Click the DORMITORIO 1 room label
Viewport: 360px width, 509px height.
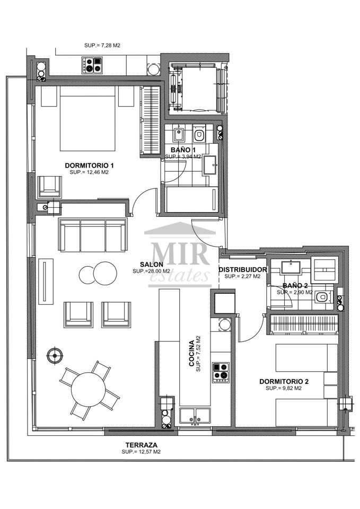(89, 165)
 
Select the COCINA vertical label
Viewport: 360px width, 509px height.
(192, 354)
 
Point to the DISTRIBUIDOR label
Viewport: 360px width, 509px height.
(242, 270)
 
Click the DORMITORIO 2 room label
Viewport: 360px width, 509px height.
(284, 382)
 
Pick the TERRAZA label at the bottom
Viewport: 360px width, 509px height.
(142, 445)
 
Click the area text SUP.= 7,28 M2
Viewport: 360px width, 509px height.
(102, 46)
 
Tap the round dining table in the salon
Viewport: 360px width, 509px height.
(89, 389)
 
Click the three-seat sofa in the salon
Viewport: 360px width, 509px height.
(92, 235)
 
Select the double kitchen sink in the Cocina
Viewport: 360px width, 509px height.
(195, 417)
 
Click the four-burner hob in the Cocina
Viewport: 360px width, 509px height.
(221, 372)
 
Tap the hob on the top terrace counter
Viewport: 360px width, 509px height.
(92, 65)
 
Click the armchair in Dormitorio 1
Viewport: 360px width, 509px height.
(50, 187)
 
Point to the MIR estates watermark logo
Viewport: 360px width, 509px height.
(180, 255)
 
